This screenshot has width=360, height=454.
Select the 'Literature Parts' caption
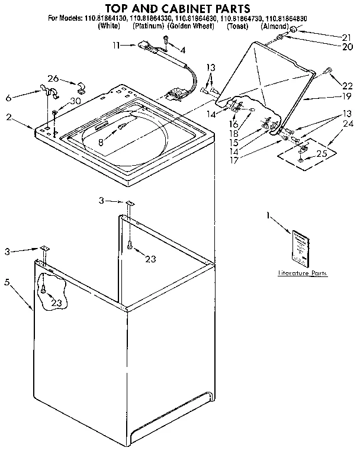303,273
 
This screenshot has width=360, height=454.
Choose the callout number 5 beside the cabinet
8,283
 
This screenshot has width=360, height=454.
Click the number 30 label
75,101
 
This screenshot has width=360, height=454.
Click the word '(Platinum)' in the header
149,27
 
